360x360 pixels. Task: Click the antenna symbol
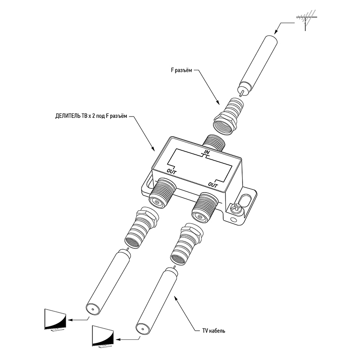click(x=306, y=19)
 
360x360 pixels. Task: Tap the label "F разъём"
click(x=181, y=70)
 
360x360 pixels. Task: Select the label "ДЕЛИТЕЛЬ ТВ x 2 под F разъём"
click(x=91, y=116)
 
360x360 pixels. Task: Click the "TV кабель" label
click(x=213, y=331)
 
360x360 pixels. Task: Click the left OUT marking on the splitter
click(x=172, y=171)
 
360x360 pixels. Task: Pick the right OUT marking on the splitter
click(x=212, y=184)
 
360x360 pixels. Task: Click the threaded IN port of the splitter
click(x=214, y=143)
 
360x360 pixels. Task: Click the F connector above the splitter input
click(x=228, y=117)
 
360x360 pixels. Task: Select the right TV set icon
click(x=103, y=337)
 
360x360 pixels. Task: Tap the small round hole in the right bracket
click(x=233, y=219)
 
